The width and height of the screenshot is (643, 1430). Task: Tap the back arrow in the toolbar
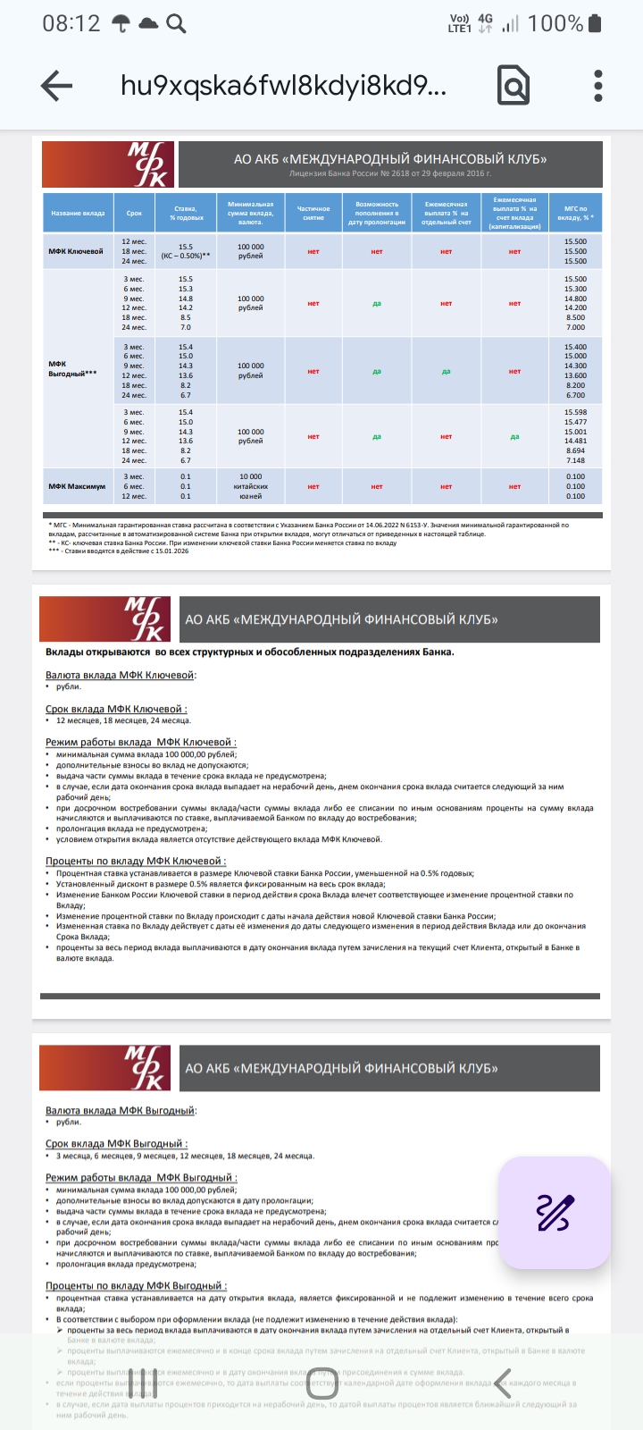(x=56, y=86)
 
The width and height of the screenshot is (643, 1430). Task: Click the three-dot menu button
(x=598, y=86)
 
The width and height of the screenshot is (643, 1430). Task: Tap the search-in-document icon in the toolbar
(x=514, y=86)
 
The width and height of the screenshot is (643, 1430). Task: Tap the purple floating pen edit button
(x=554, y=1212)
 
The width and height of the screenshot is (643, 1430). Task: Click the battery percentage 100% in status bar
(x=555, y=24)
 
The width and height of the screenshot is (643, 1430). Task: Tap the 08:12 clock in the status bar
(x=71, y=24)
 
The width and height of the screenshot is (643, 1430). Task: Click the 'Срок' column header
(x=134, y=214)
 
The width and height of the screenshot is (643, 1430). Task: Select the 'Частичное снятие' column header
(x=313, y=214)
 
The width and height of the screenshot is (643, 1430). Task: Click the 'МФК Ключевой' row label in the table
(x=76, y=251)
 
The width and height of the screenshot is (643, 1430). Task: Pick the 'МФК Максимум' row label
(x=77, y=486)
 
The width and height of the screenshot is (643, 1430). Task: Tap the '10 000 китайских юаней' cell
(x=251, y=486)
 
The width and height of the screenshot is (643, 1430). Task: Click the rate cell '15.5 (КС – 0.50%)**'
(x=186, y=251)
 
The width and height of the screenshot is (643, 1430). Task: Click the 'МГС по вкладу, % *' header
(x=576, y=214)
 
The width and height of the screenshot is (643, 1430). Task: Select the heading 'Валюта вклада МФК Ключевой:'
(x=121, y=675)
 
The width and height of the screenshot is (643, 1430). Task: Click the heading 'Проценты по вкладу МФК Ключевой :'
(x=136, y=861)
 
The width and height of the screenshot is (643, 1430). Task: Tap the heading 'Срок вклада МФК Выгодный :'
(x=116, y=1143)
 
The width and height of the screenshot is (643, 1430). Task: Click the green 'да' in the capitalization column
(x=514, y=437)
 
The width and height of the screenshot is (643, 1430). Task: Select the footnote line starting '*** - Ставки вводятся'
(x=119, y=551)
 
